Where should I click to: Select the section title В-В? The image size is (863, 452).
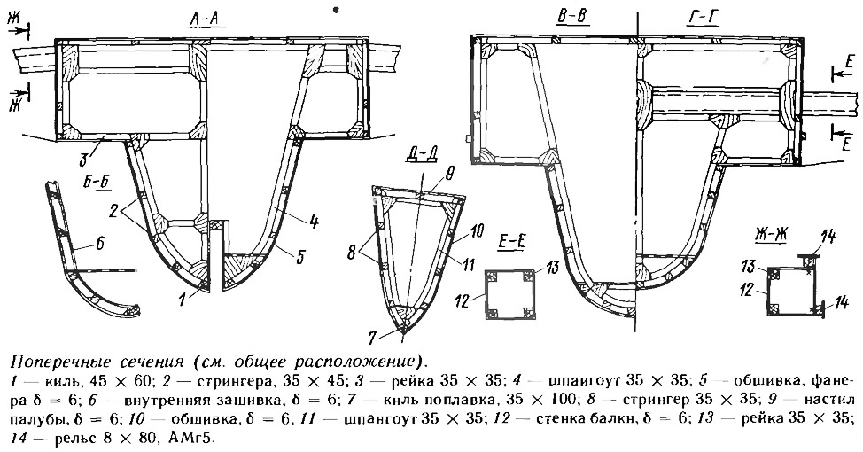click(571, 17)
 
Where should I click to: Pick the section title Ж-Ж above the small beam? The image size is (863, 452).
click(769, 237)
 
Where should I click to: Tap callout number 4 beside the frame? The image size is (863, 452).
click(315, 222)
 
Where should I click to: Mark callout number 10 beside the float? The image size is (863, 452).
click(477, 230)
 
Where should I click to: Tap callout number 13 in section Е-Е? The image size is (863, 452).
click(551, 269)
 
